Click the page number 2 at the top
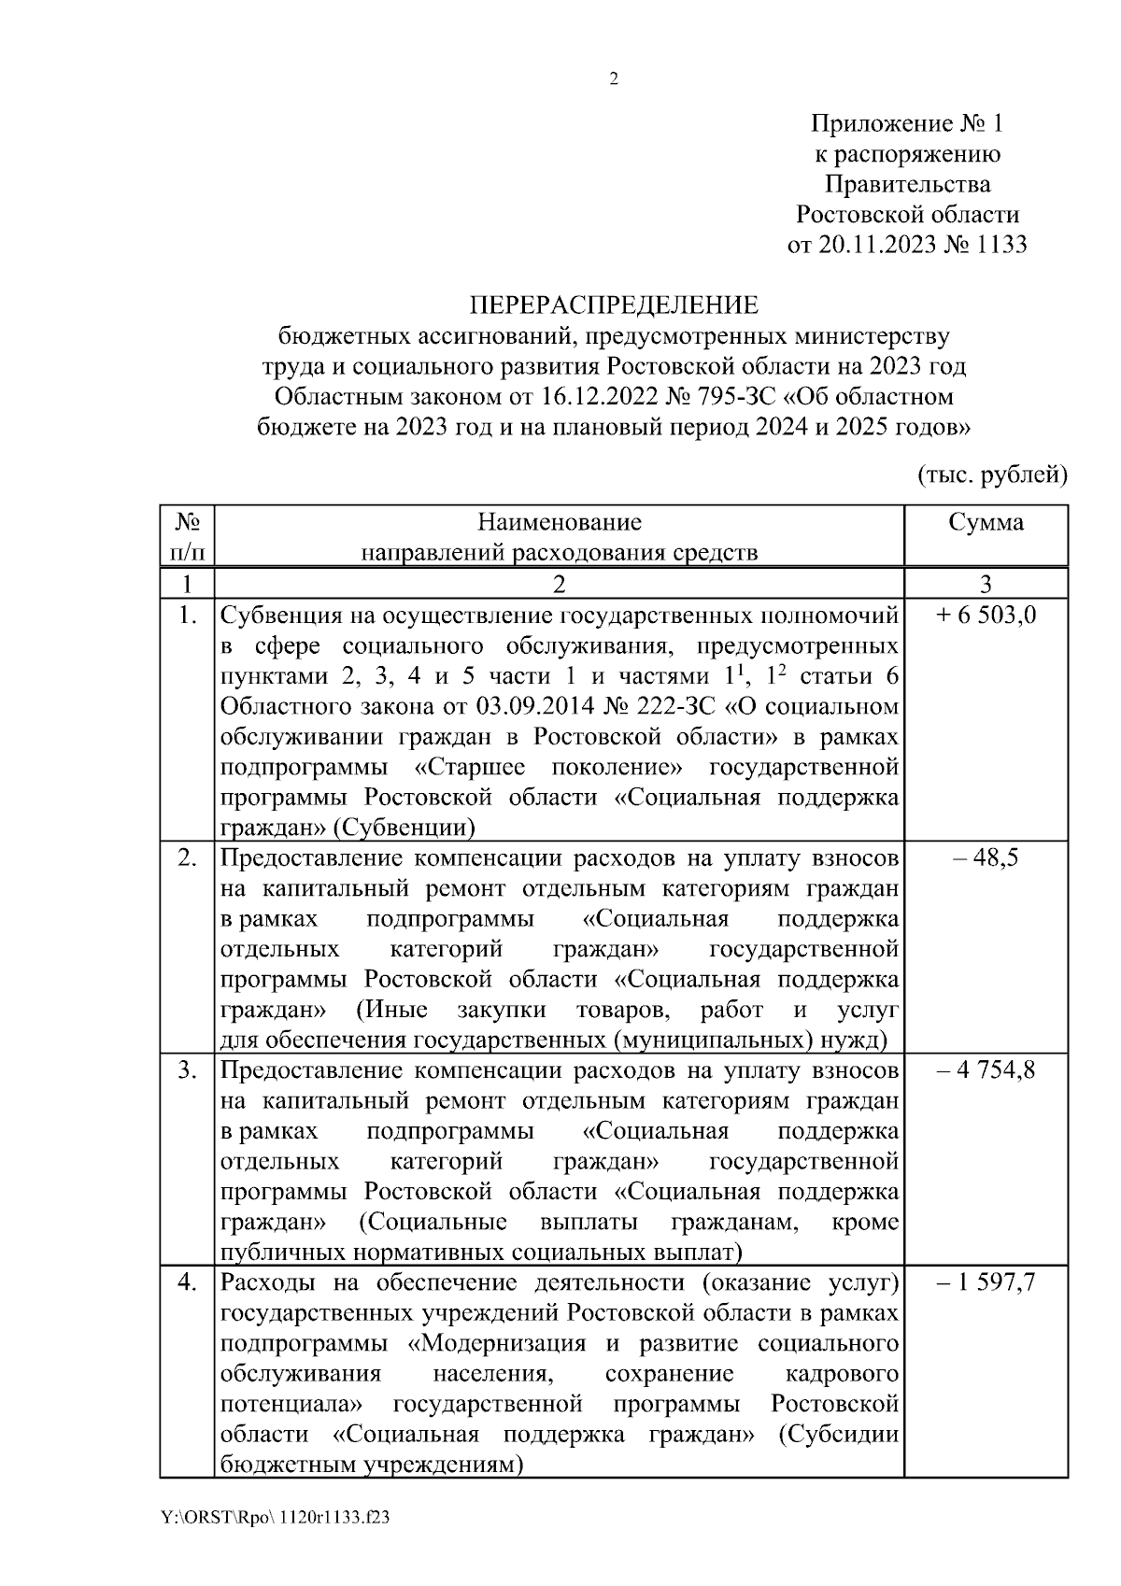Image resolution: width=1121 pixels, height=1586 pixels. tap(614, 80)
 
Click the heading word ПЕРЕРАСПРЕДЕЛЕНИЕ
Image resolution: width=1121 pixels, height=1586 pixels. tap(614, 305)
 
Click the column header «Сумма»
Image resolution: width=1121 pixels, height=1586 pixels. tap(986, 522)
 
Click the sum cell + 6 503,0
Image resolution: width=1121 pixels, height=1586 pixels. tap(986, 616)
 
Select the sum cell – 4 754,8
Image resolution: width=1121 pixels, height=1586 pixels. tap(986, 1070)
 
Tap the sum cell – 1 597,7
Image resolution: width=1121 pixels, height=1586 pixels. tap(986, 1283)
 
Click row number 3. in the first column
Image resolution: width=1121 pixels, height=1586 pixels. tap(187, 1070)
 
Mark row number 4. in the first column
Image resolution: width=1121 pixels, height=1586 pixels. tap(187, 1283)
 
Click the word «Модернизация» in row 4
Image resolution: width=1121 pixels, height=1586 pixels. tap(504, 1344)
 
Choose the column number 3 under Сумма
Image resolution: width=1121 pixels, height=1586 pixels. tap(986, 585)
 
